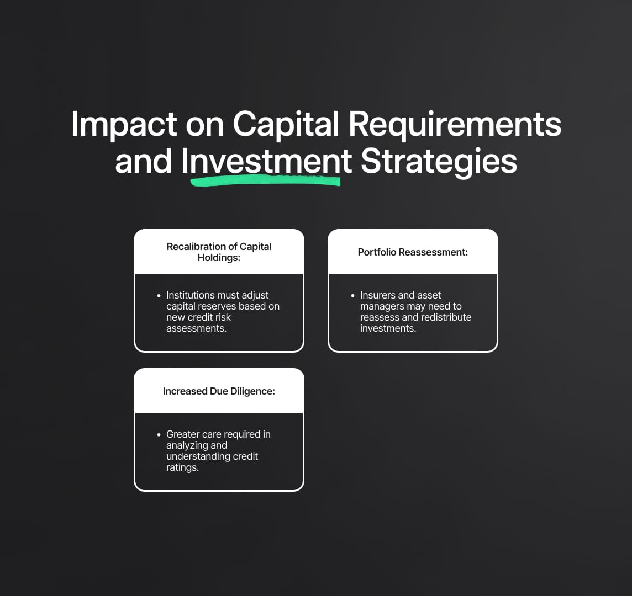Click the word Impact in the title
click(x=124, y=125)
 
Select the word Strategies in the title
click(x=439, y=162)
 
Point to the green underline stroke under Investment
click(x=265, y=182)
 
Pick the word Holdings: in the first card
click(x=219, y=258)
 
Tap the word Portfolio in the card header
click(x=377, y=252)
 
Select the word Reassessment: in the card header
click(x=433, y=252)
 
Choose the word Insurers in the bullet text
click(x=378, y=295)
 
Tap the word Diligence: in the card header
click(x=252, y=391)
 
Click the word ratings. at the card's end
click(x=183, y=467)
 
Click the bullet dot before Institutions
click(x=159, y=296)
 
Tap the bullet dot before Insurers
click(x=352, y=296)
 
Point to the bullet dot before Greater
click(x=159, y=434)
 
